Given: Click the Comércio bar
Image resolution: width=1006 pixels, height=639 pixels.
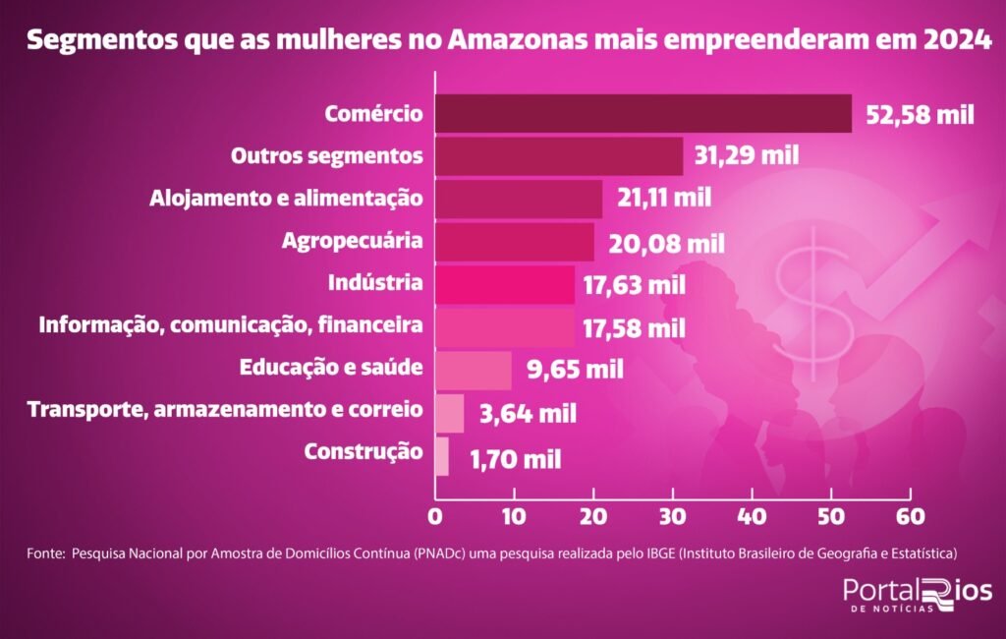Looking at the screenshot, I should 643,113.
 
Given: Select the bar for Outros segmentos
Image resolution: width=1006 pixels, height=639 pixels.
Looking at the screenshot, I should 558,156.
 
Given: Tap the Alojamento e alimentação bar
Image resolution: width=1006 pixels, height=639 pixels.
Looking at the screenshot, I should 518,199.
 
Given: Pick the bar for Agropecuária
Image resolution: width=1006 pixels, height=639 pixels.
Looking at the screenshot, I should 514,242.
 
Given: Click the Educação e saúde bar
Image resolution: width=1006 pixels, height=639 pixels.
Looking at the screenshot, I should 473,371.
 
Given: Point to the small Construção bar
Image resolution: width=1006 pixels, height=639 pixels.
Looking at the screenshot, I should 441,456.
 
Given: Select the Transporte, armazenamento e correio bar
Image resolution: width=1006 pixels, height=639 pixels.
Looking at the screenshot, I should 449,413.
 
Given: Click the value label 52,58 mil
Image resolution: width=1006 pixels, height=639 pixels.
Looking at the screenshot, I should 920,114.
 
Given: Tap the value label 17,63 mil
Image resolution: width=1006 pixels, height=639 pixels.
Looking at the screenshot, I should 637,285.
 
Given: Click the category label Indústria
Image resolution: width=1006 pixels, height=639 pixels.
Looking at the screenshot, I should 375,284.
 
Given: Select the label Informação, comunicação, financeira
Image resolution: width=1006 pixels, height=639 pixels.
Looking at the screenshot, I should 231,325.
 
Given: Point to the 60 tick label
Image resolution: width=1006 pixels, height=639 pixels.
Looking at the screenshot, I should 911,515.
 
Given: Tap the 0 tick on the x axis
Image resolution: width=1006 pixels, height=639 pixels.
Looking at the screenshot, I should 434,515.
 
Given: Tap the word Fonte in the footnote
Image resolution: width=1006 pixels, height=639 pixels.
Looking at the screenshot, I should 45,553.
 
